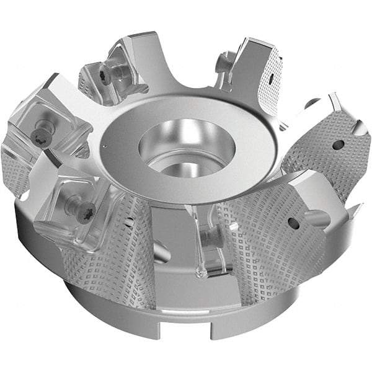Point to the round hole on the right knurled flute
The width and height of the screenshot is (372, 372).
click(x=338, y=145)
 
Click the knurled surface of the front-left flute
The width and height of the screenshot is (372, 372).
click(x=121, y=260)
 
